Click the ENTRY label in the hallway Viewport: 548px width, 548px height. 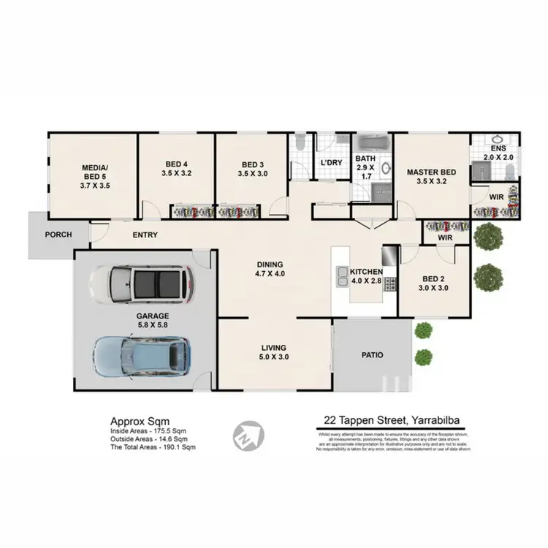click(x=145, y=235)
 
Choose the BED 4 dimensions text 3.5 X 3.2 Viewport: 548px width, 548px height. click(x=176, y=174)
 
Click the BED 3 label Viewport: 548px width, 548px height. click(x=251, y=164)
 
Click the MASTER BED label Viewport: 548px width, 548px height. click(x=431, y=172)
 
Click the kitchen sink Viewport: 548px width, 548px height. click(x=342, y=275)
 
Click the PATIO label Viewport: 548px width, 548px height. click(x=372, y=354)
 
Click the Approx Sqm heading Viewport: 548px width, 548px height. click(x=139, y=421)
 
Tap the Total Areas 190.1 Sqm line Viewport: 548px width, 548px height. click(x=153, y=446)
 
